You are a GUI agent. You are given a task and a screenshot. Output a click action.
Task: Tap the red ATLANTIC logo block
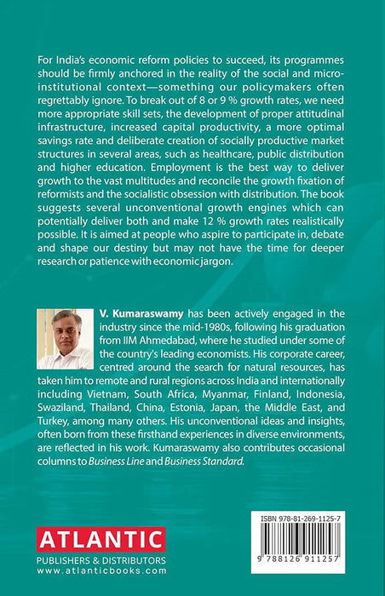tap(101, 539)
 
